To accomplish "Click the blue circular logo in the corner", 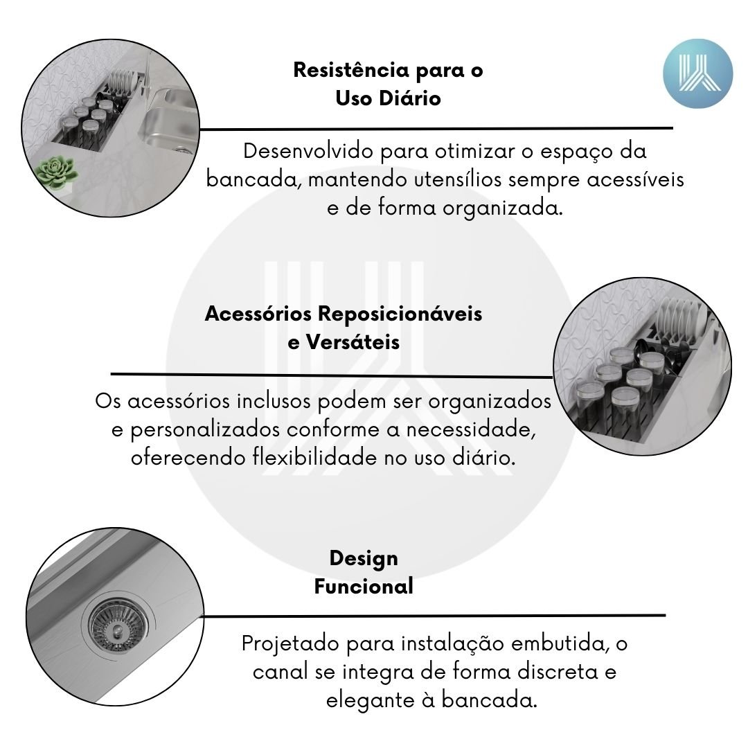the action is [697, 73].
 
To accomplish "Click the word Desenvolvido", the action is [308, 151].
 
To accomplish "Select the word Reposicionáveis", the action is [400, 314].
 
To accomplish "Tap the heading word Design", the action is [364, 559].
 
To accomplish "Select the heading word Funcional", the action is [364, 587].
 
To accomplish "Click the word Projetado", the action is [290, 644].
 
